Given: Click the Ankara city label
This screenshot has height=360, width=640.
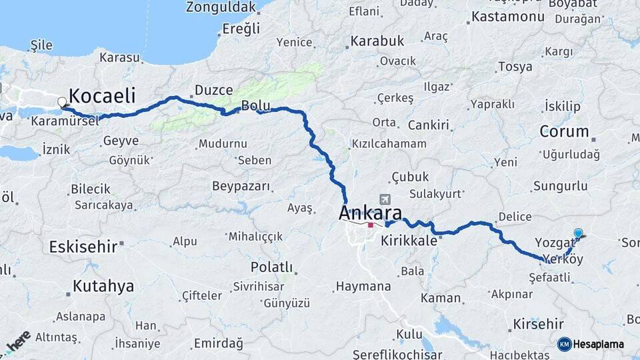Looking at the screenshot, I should pyautogui.click(x=371, y=213).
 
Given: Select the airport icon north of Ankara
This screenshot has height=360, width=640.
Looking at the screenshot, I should pyautogui.click(x=385, y=199).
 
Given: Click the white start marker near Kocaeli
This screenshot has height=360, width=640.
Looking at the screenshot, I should pyautogui.click(x=63, y=103).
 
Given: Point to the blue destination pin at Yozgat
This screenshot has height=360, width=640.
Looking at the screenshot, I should pyautogui.click(x=578, y=233).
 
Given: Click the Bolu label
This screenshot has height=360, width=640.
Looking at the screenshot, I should pyautogui.click(x=255, y=105).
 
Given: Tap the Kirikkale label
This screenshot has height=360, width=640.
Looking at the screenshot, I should pyautogui.click(x=409, y=241).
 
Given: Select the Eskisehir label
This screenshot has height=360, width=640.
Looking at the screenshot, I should pyautogui.click(x=83, y=247).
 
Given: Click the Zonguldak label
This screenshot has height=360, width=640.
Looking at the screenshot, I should pyautogui.click(x=221, y=7).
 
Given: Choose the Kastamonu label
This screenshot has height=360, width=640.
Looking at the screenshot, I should pyautogui.click(x=507, y=17).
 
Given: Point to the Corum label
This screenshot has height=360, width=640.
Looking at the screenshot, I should pyautogui.click(x=564, y=131).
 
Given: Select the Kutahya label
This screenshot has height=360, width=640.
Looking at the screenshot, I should pyautogui.click(x=103, y=287).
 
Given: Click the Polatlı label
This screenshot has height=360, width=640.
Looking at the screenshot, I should pyautogui.click(x=271, y=267).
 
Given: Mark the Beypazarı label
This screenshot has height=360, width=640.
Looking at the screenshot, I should pyautogui.click(x=241, y=186).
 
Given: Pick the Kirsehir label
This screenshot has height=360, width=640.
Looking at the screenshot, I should pyautogui.click(x=539, y=325).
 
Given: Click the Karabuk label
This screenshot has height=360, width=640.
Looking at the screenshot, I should pyautogui.click(x=377, y=41).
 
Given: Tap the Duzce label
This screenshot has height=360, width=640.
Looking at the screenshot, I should pyautogui.click(x=214, y=90).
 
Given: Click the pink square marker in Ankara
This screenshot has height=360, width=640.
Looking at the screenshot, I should pyautogui.click(x=371, y=225).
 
